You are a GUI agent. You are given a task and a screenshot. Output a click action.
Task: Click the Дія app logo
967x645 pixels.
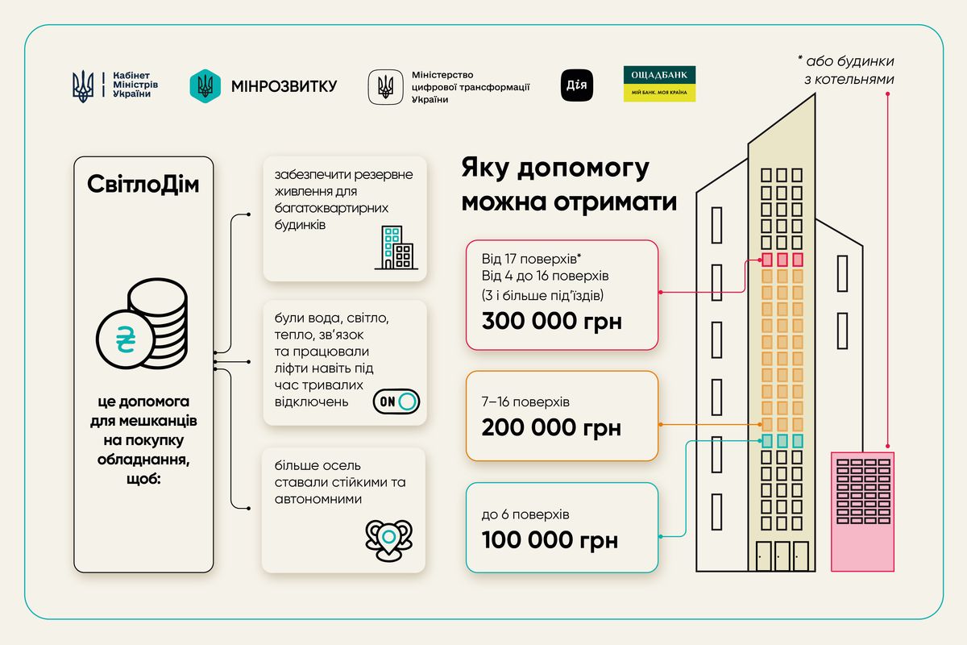577,85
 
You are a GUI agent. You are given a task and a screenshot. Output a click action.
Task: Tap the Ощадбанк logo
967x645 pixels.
659,84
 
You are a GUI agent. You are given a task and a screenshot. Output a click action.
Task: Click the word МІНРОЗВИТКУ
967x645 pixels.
284,86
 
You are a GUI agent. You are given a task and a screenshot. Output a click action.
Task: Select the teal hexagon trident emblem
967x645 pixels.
205,86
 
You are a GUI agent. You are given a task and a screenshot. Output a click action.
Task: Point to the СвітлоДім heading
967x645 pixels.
143,184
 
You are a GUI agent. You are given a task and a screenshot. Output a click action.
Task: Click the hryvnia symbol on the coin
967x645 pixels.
126,339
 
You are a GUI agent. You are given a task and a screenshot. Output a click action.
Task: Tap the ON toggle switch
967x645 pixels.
396,402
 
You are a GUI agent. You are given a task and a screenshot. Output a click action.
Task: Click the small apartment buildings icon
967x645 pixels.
396,248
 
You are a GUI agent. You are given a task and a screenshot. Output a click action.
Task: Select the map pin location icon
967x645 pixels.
388,540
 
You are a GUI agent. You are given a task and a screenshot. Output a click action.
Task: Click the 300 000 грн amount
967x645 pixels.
552,321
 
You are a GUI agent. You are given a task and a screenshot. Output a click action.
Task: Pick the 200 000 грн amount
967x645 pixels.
551,427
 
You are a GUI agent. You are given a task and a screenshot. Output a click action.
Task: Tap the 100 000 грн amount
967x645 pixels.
550,539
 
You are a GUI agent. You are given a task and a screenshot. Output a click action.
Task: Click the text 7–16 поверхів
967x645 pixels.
525,402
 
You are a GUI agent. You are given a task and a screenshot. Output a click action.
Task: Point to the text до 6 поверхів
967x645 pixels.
525,514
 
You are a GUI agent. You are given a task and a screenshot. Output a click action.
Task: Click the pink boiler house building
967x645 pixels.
862,512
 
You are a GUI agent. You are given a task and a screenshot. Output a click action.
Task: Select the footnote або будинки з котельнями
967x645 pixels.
846,70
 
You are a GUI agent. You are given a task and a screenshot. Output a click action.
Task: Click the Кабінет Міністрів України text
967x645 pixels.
135,84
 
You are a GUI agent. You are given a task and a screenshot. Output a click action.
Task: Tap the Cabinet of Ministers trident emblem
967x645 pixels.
82,86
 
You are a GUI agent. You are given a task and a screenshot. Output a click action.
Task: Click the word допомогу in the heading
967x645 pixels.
583,168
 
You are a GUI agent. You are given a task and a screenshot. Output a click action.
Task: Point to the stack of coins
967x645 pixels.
142,323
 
